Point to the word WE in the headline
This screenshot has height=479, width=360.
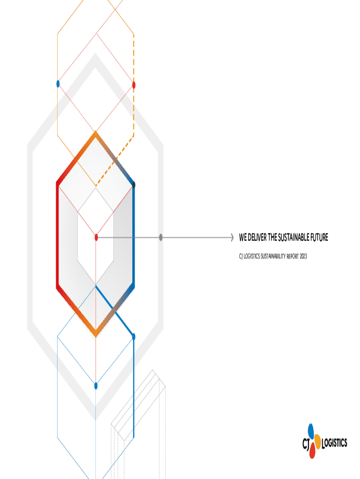[243, 238]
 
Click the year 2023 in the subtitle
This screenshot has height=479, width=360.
[302, 256]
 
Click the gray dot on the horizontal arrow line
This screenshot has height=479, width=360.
[161, 238]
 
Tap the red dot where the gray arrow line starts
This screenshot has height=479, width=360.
[96, 238]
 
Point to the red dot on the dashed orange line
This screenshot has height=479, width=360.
[134, 85]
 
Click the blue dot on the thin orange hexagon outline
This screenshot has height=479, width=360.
[58, 84]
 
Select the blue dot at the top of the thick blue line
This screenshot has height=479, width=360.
[134, 337]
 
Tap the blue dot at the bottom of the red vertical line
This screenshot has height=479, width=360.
[96, 386]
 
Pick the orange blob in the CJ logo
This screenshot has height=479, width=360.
[317, 440]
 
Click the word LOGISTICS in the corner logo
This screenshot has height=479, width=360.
[335, 443]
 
